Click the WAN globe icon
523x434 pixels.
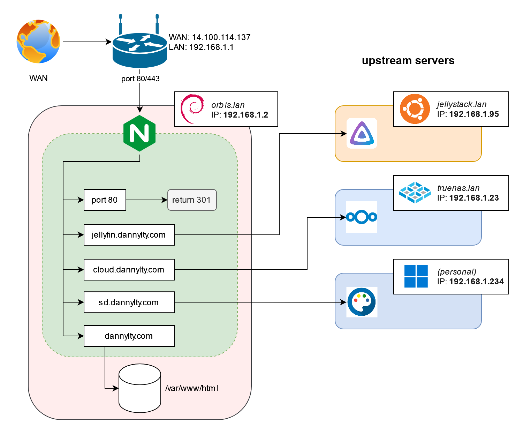click(38, 42)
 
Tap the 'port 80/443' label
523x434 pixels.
click(140, 78)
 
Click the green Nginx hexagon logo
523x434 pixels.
click(139, 133)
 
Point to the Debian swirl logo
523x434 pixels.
click(192, 109)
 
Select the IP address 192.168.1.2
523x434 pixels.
click(245, 115)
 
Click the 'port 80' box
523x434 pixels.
click(105, 200)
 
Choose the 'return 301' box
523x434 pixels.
click(192, 200)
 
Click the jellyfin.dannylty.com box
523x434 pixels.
click(129, 235)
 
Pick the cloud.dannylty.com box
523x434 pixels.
click(129, 270)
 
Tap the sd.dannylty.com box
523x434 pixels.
click(129, 302)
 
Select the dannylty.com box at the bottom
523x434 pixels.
click(129, 336)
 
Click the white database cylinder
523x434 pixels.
click(139, 388)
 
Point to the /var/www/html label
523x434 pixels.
click(192, 388)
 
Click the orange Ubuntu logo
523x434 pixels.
click(415, 109)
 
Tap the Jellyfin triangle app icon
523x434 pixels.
click(362, 133)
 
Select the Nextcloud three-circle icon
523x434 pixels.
click(362, 217)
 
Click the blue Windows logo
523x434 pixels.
click(416, 276)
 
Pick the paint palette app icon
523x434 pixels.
click(362, 302)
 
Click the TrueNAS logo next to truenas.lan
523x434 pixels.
click(415, 193)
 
